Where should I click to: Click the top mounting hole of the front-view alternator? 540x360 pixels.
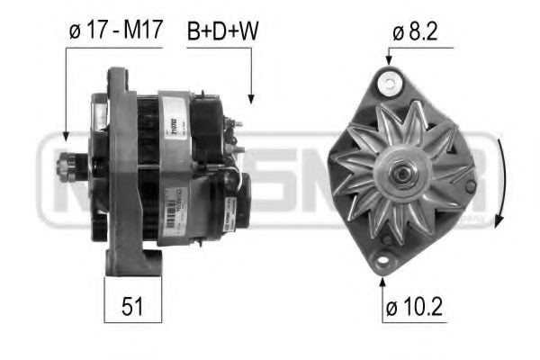pos(389,85)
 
